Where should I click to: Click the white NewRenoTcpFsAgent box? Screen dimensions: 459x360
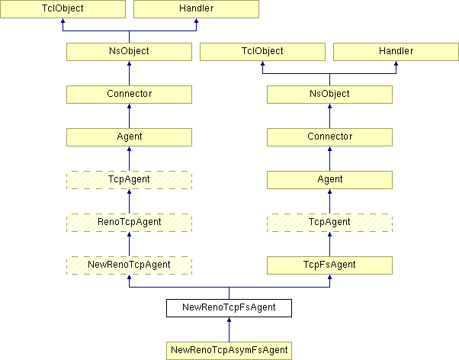click(229, 308)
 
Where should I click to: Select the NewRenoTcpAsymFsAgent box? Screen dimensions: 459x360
click(229, 351)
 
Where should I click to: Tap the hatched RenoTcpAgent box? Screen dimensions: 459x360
click(129, 223)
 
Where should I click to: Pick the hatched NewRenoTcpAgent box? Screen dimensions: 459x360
click(129, 265)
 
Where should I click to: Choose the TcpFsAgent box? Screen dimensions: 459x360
click(329, 265)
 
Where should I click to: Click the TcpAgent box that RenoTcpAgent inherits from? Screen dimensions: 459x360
click(129, 180)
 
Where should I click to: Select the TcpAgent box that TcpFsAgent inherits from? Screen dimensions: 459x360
click(329, 223)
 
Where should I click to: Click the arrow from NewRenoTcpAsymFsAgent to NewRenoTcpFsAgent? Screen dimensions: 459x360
click(229, 329)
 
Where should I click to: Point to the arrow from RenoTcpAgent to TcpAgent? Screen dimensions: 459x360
click(129, 201)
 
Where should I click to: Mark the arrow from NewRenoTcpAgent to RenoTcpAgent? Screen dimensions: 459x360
click(129, 244)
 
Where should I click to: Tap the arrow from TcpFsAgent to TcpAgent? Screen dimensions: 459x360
click(329, 244)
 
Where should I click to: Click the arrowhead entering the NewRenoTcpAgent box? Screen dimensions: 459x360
click(129, 277)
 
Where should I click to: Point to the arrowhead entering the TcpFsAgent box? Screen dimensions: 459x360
click(329, 277)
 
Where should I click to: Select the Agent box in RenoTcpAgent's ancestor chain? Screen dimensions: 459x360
click(129, 137)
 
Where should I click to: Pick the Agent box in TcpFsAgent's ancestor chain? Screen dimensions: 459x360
click(329, 180)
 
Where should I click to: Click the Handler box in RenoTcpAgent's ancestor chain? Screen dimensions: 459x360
click(196, 9)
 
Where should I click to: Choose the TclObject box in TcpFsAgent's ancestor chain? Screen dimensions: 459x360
click(262, 52)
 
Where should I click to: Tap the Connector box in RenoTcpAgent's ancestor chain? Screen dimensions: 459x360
click(129, 95)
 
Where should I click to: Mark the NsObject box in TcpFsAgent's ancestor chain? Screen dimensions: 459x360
click(329, 95)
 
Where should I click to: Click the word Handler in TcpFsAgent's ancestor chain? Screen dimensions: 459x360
click(396, 51)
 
